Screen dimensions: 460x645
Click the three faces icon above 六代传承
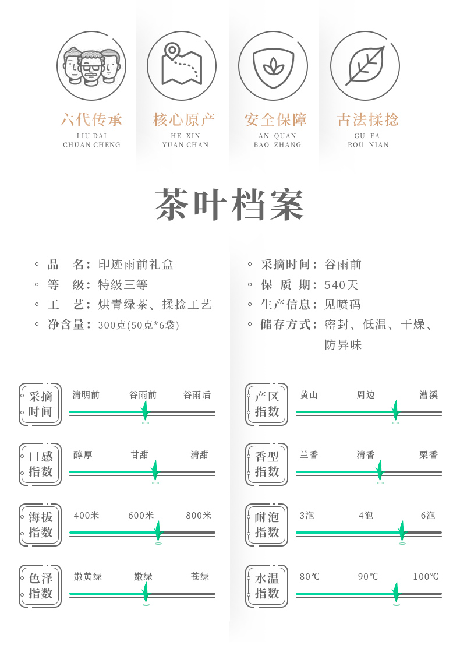pyautogui.click(x=91, y=66)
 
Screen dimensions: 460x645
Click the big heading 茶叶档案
pyautogui.click(x=230, y=205)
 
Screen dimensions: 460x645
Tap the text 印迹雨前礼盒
pyautogui.click(x=136, y=265)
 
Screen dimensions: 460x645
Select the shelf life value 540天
pyautogui.click(x=342, y=285)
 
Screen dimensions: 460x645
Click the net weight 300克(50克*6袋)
pyautogui.click(x=139, y=325)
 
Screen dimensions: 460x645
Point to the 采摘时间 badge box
pyautogui.click(x=40, y=404)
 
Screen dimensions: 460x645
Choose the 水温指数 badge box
pyautogui.click(x=267, y=586)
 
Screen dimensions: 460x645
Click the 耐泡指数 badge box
pyautogui.click(x=267, y=525)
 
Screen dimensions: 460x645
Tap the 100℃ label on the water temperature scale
pyautogui.click(x=426, y=577)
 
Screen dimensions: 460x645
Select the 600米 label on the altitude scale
pyautogui.click(x=141, y=516)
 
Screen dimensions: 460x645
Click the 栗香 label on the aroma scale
pyautogui.click(x=429, y=455)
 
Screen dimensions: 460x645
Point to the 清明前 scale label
pyautogui.click(x=86, y=395)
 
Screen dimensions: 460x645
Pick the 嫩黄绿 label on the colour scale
pyautogui.click(x=88, y=577)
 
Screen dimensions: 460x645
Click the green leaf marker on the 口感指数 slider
pyautogui.click(x=155, y=470)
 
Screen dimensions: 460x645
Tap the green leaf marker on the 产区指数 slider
pyautogui.click(x=395, y=410)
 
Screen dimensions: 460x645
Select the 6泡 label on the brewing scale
pyautogui.click(x=428, y=516)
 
